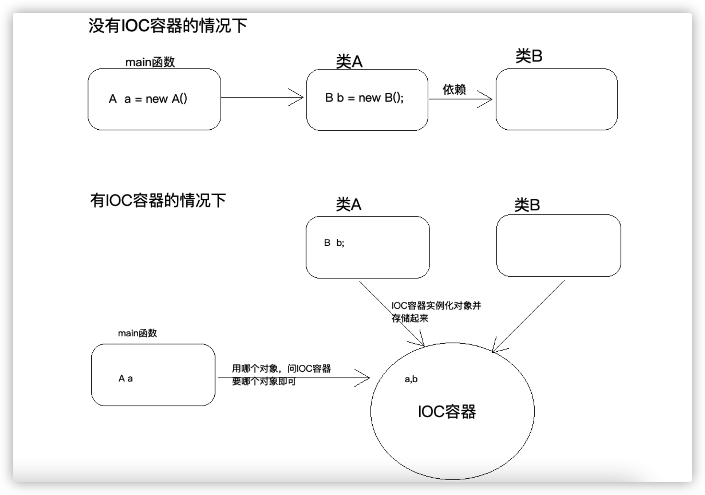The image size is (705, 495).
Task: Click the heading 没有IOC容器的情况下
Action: pos(167,26)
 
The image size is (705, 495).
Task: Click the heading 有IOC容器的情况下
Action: pos(158,201)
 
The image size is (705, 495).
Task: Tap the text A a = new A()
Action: pos(148,99)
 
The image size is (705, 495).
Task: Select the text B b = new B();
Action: pos(364,98)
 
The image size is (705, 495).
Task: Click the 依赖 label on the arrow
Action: pos(454,90)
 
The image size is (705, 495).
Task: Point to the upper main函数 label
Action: pos(150,62)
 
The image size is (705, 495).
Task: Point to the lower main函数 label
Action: pos(137,333)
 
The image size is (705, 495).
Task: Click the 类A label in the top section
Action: pos(349,62)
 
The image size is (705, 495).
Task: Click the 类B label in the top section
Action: pos(529,56)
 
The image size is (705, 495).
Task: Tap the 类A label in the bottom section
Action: pos(348,204)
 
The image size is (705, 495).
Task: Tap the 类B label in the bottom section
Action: pos(527,205)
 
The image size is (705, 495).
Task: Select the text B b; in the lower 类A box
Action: pos(334,243)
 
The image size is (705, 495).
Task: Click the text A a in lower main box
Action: pos(125,378)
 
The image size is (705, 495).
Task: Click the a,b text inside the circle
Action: pos(411,379)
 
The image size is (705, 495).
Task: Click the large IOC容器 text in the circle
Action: pos(447,412)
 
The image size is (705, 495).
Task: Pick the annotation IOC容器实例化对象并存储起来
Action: pos(436,311)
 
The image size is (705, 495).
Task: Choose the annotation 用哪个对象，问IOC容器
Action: pos(281,369)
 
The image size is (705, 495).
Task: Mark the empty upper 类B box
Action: pos(556,99)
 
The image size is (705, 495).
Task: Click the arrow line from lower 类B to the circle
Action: pos(529,315)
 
